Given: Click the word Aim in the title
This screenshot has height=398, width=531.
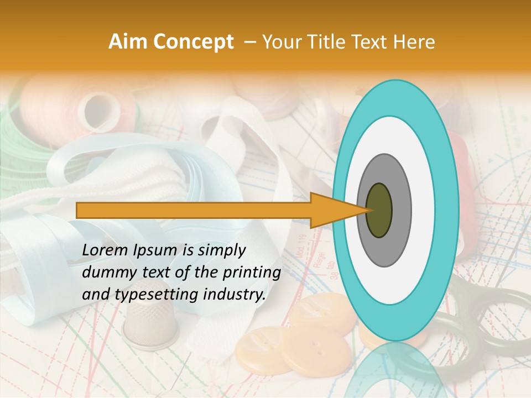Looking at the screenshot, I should tap(127, 42).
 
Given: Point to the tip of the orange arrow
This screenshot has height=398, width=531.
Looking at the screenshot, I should tap(366, 210).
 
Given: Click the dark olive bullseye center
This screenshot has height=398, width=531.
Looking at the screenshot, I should tap(379, 210).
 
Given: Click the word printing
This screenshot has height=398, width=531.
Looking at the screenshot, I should tap(254, 273).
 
